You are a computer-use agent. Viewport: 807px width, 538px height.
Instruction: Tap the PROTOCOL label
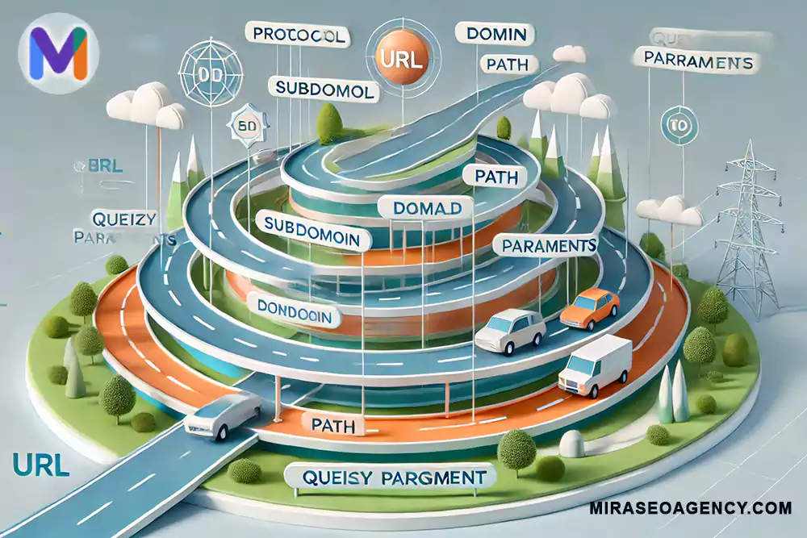click(299, 35)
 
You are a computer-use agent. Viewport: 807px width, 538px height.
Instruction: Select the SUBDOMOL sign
click(324, 91)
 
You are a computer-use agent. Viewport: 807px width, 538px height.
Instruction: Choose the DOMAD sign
click(427, 208)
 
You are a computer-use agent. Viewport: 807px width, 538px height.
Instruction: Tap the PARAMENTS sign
click(550, 244)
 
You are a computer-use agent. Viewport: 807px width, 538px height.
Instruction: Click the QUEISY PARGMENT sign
click(388, 478)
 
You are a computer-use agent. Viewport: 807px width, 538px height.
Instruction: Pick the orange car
click(589, 308)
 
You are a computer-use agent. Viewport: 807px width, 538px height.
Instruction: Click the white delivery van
click(595, 366)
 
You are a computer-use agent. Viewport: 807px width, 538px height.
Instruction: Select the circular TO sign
click(673, 124)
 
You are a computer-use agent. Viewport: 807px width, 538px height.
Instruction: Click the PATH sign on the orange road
click(333, 424)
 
